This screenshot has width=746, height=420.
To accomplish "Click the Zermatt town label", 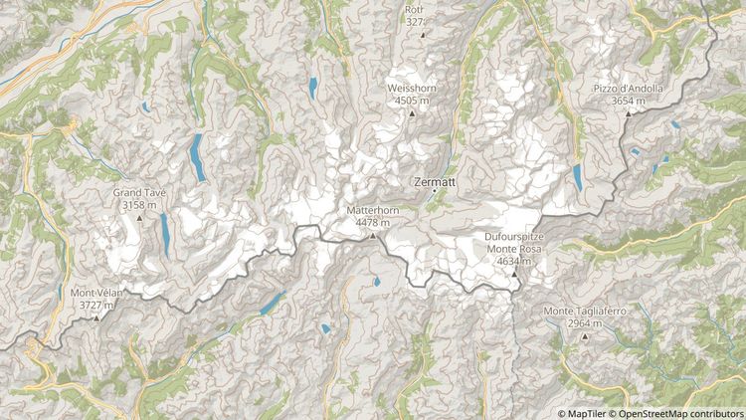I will [434, 184].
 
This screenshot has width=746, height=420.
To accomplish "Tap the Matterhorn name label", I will [372, 211].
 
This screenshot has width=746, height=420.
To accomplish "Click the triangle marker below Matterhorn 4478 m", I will [373, 236].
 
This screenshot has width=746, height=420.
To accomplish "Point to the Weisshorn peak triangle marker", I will [412, 113].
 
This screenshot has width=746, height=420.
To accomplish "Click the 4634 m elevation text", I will [514, 261].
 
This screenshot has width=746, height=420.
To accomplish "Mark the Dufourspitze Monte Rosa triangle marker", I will [514, 274].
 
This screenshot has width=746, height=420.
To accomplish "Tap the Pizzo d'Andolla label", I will [629, 89].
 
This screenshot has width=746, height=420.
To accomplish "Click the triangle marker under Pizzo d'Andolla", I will [629, 113].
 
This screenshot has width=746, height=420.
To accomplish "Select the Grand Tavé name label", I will [139, 192].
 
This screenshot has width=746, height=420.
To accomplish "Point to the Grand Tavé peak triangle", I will [139, 217].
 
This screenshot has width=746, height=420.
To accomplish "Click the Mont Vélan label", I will [96, 294].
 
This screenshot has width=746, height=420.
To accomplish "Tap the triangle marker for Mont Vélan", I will [96, 318].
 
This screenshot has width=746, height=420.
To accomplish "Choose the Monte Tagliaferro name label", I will [585, 312].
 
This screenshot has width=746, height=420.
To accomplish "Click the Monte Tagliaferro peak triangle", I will [585, 336].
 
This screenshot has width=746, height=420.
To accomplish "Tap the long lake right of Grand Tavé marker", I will [164, 234].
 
